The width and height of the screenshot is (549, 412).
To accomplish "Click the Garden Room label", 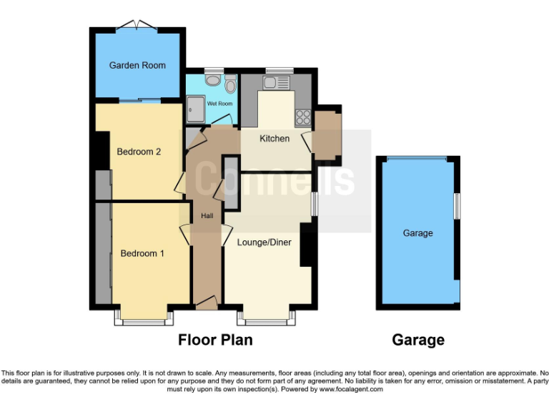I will (x=137, y=65).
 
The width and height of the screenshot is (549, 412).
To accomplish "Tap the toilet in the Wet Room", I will (x=230, y=85).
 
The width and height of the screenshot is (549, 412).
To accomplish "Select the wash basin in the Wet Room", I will (x=212, y=81).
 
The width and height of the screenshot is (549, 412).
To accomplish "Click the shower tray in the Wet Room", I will (x=194, y=109).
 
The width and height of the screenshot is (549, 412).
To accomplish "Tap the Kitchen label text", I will (x=274, y=138).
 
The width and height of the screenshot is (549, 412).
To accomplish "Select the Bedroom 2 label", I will (x=138, y=152).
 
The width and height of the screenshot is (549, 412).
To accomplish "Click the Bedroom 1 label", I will (x=142, y=253).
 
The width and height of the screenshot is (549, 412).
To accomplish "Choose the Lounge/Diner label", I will (x=264, y=242).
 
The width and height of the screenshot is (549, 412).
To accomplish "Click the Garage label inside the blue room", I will (x=417, y=233).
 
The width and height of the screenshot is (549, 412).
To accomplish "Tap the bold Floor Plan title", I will (x=215, y=340).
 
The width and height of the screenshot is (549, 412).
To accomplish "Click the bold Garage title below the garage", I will (x=418, y=340).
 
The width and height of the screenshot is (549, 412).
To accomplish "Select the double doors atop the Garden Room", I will (x=137, y=26).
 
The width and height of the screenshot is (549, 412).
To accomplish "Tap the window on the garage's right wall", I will (x=458, y=206).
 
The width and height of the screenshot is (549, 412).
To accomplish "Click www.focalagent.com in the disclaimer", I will (x=351, y=390).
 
